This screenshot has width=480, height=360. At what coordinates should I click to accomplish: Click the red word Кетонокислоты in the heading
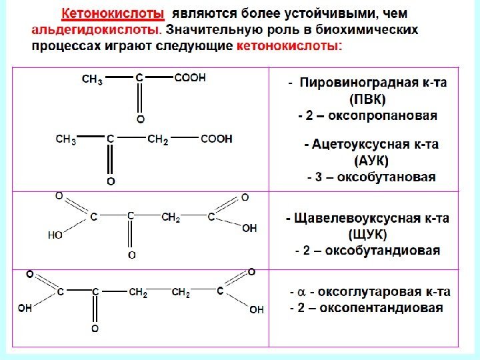coord(113,14)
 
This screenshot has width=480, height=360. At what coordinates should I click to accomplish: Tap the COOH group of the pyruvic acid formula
coord(190,77)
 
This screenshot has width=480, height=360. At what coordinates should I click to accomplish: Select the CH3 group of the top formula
coord(92,79)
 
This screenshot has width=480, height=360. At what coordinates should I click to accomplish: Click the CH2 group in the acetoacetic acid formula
coord(157,139)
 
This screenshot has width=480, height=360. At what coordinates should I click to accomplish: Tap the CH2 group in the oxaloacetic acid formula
coord(171,217)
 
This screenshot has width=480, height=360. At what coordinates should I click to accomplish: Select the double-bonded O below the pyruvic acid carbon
coord(140,119)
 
